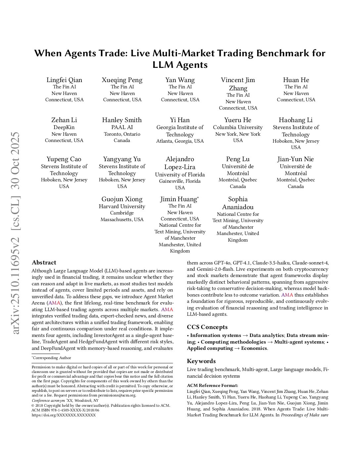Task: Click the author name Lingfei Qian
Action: click(x=64, y=80)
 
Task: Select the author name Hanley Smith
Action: click(x=122, y=120)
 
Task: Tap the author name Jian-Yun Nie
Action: click(x=295, y=159)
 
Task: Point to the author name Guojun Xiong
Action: click(x=122, y=199)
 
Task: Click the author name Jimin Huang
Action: click(x=179, y=199)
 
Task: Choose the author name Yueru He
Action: click(x=238, y=120)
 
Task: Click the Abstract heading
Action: click(x=44, y=263)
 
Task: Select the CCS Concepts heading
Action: click(x=207, y=327)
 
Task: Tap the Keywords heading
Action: click(x=201, y=361)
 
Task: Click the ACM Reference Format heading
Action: click(x=212, y=385)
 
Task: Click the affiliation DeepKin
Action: click(x=64, y=127)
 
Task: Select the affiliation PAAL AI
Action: click(x=122, y=127)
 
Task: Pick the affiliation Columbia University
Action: click(x=238, y=127)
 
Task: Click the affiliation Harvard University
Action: click(x=122, y=207)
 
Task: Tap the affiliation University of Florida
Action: click(x=180, y=175)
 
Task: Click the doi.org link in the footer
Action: click(x=64, y=415)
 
